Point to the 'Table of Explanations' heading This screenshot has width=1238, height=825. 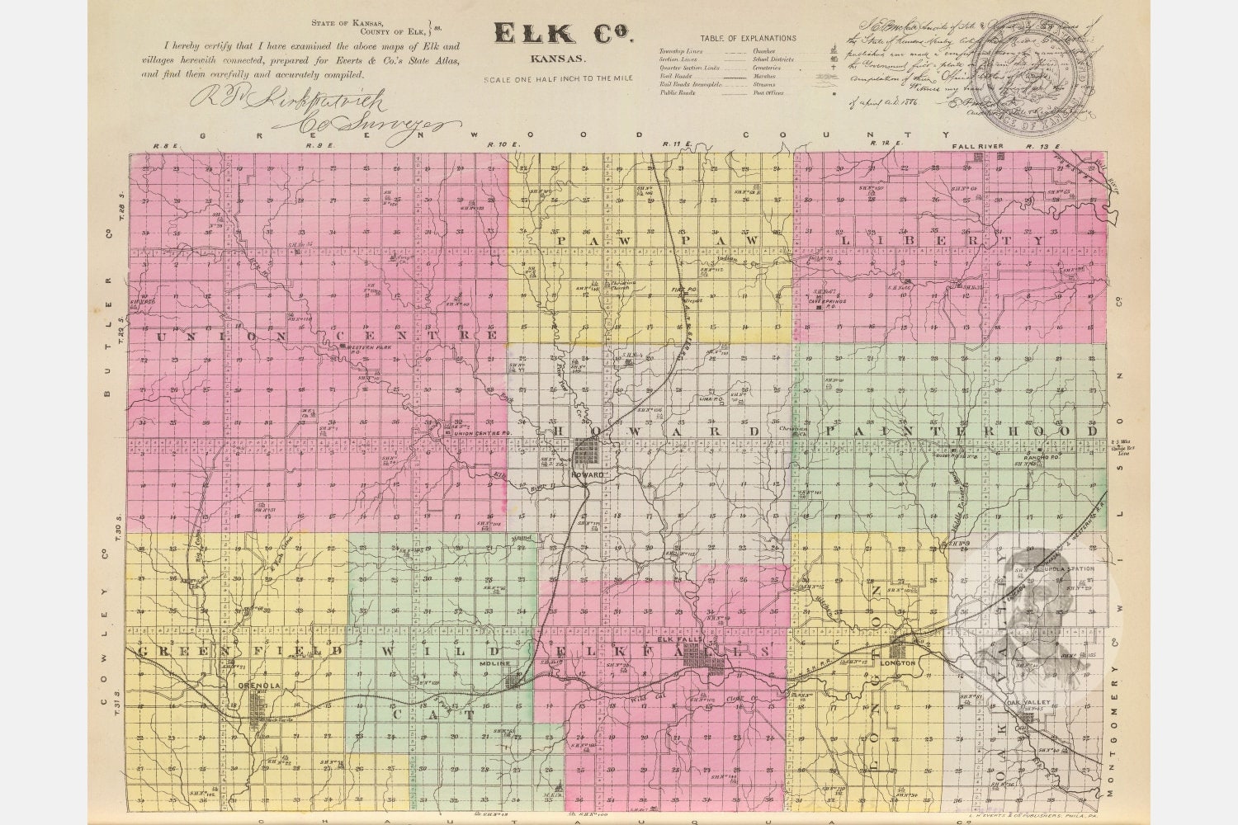pyautogui.click(x=748, y=38)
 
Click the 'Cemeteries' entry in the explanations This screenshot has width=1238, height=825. pyautogui.click(x=767, y=68)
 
